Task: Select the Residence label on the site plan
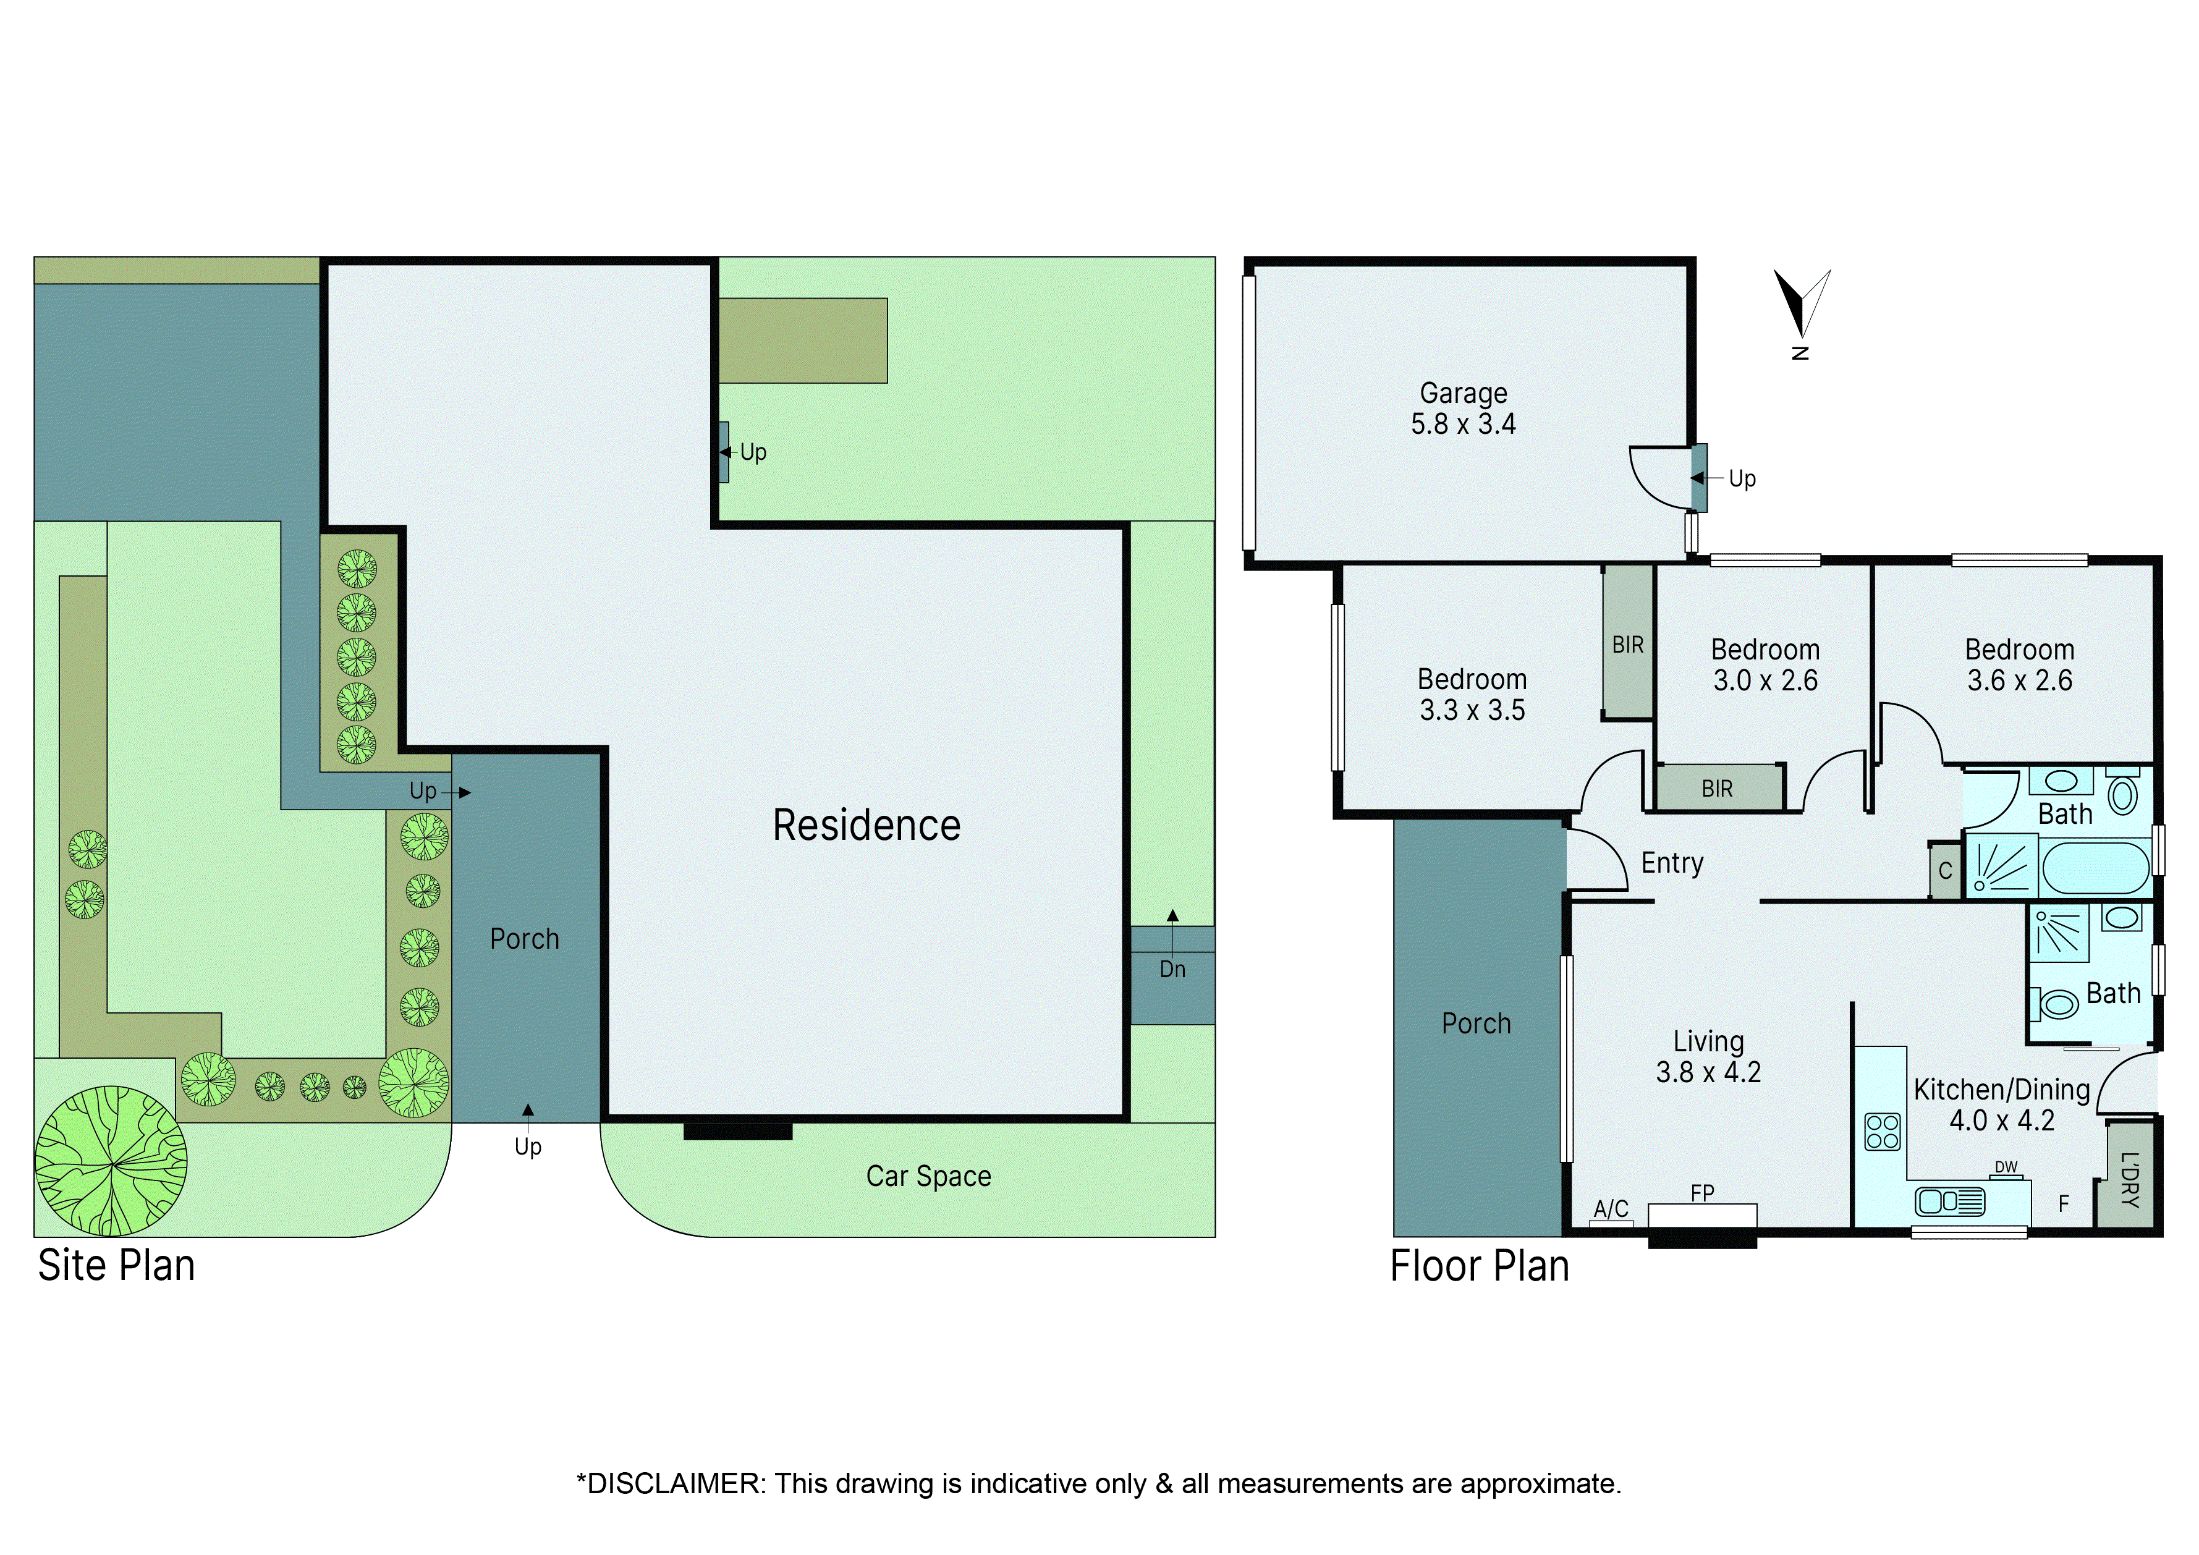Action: (x=866, y=825)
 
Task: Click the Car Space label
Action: (x=928, y=1176)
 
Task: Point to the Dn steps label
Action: (x=1172, y=969)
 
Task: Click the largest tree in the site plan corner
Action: (x=111, y=1161)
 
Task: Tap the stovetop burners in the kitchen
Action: (x=1882, y=1132)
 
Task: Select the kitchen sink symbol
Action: (x=1950, y=1201)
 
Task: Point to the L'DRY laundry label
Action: (x=2129, y=1180)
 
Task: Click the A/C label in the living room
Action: (x=1611, y=1208)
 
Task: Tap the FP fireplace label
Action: (x=1702, y=1193)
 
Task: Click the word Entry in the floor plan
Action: (x=1672, y=863)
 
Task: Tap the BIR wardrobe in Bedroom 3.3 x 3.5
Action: (x=1627, y=645)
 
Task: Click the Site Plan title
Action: (x=116, y=1266)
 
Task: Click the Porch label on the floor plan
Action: (x=1476, y=1023)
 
